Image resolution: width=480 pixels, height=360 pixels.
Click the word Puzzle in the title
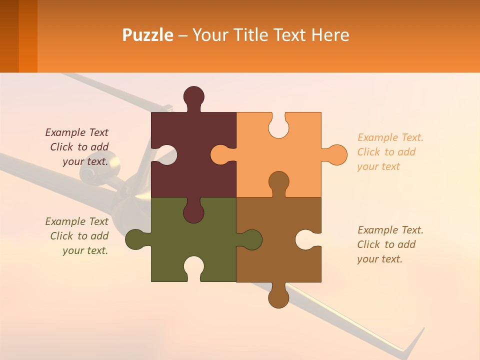(147, 35)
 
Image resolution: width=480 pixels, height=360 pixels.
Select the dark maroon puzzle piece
(200, 150)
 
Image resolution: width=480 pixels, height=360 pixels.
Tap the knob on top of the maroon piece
(193, 96)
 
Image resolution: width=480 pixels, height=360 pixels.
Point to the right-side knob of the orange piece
(336, 154)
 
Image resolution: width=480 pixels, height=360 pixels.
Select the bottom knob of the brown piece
(278, 298)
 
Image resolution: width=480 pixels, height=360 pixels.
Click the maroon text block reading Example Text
(77, 147)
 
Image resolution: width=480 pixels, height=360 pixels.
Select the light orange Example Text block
(390, 152)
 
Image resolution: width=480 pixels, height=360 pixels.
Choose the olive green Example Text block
(77, 236)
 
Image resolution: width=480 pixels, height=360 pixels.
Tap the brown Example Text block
(390, 244)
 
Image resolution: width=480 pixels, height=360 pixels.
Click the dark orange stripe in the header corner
(27, 36)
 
